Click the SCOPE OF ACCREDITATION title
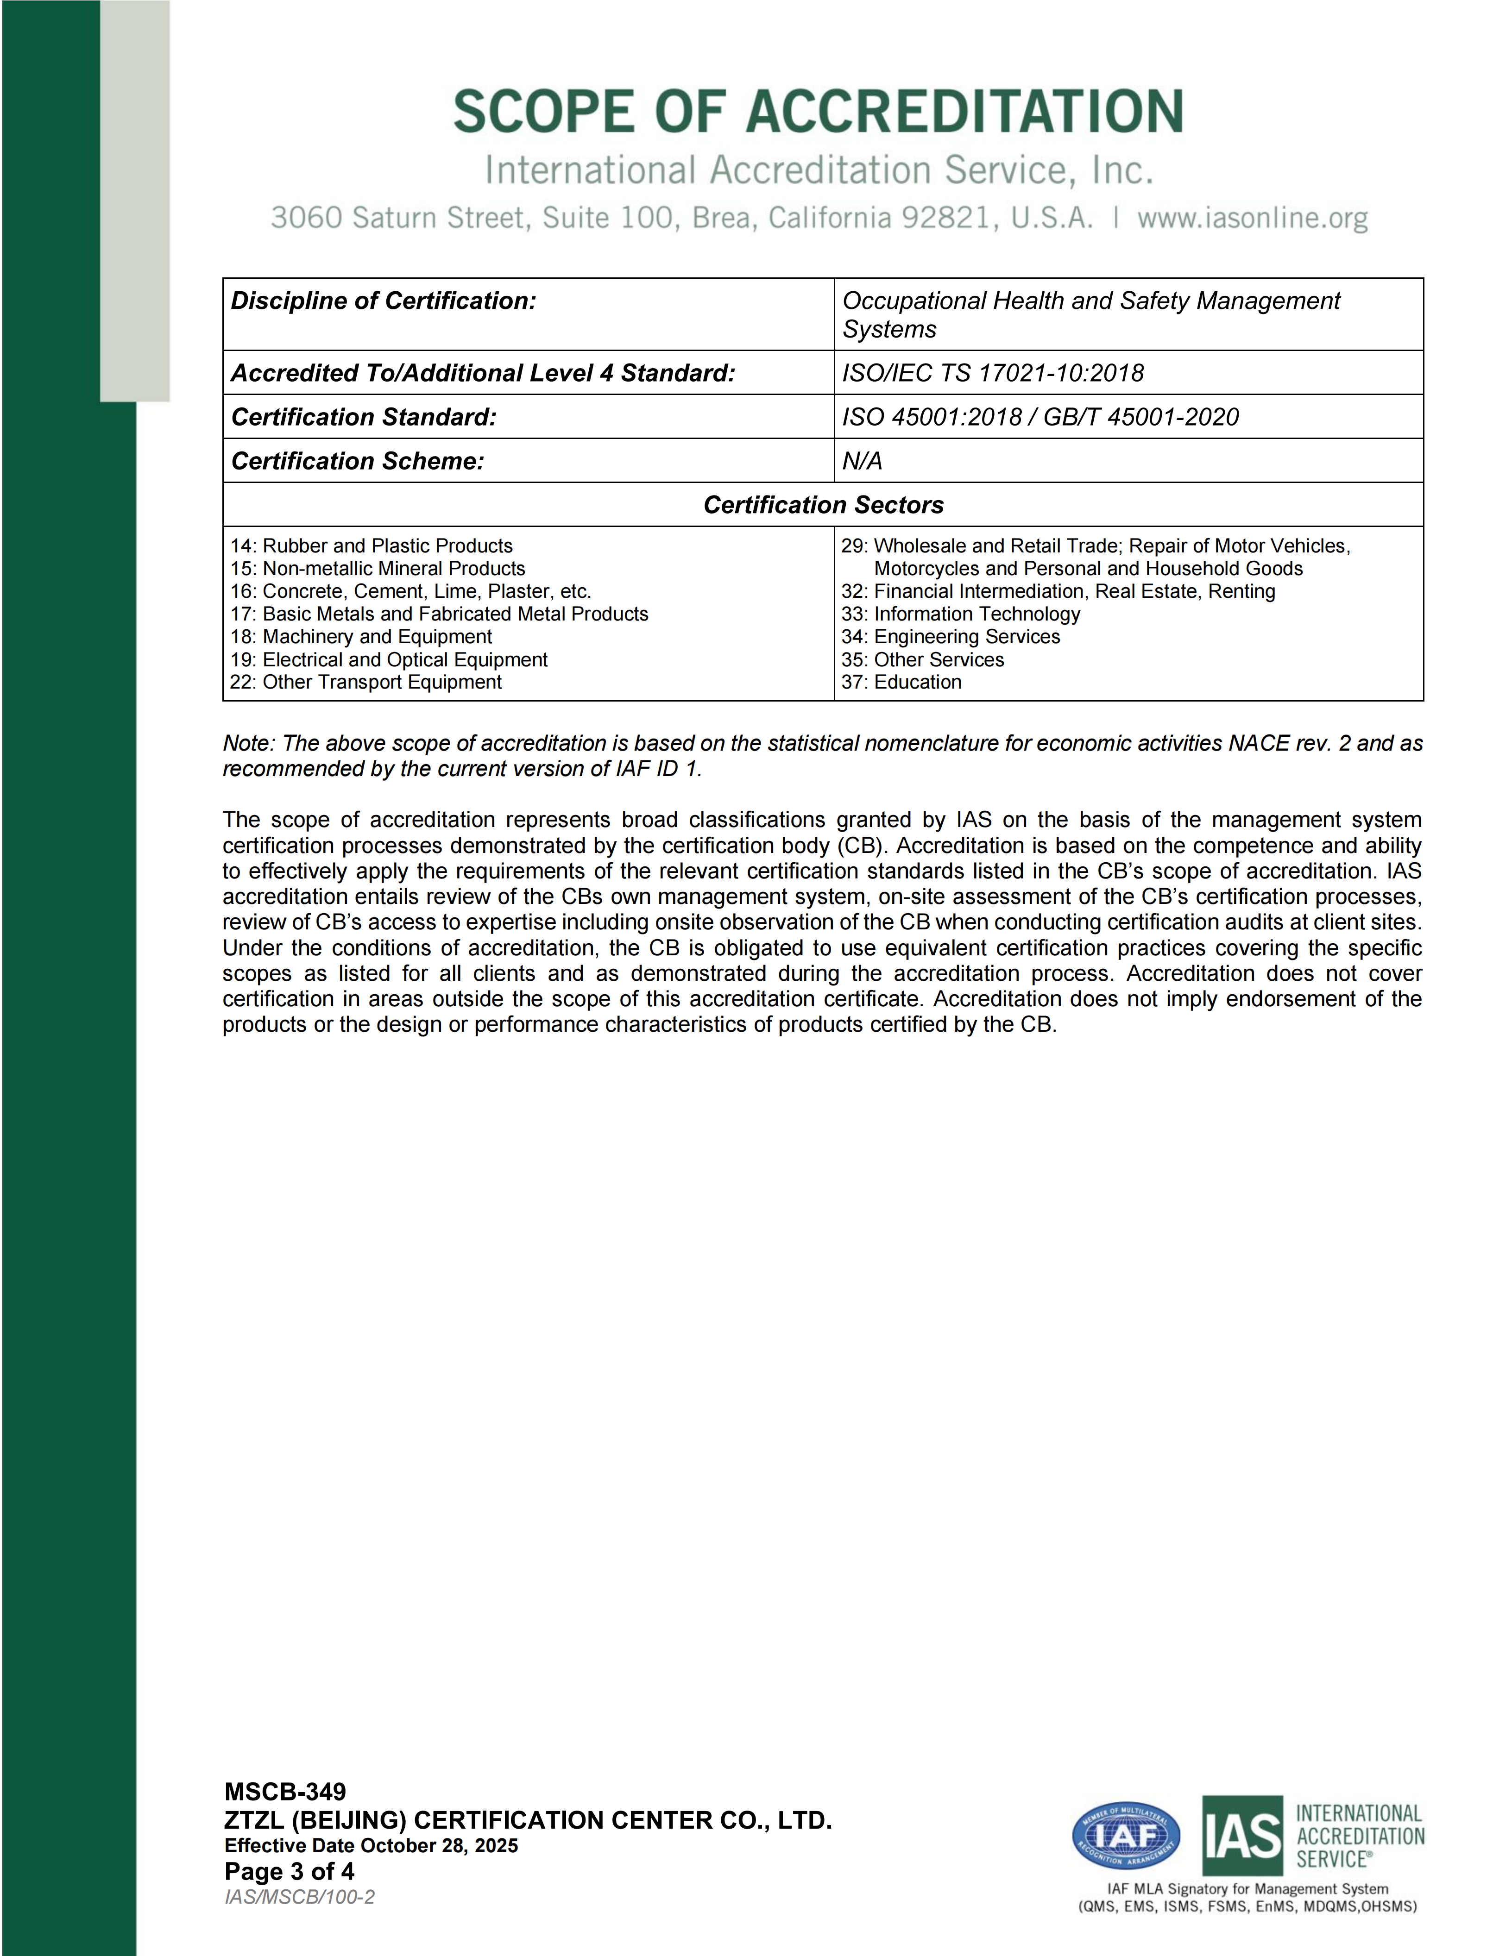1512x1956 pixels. click(818, 112)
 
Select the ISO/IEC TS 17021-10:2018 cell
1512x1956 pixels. click(992, 373)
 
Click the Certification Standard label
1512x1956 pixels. click(364, 416)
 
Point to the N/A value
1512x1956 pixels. click(862, 460)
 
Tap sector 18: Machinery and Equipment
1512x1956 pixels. click(361, 637)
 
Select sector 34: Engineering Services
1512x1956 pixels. click(951, 637)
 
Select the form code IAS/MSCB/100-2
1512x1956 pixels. click(299, 1897)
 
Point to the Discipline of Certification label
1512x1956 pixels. click(384, 301)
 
